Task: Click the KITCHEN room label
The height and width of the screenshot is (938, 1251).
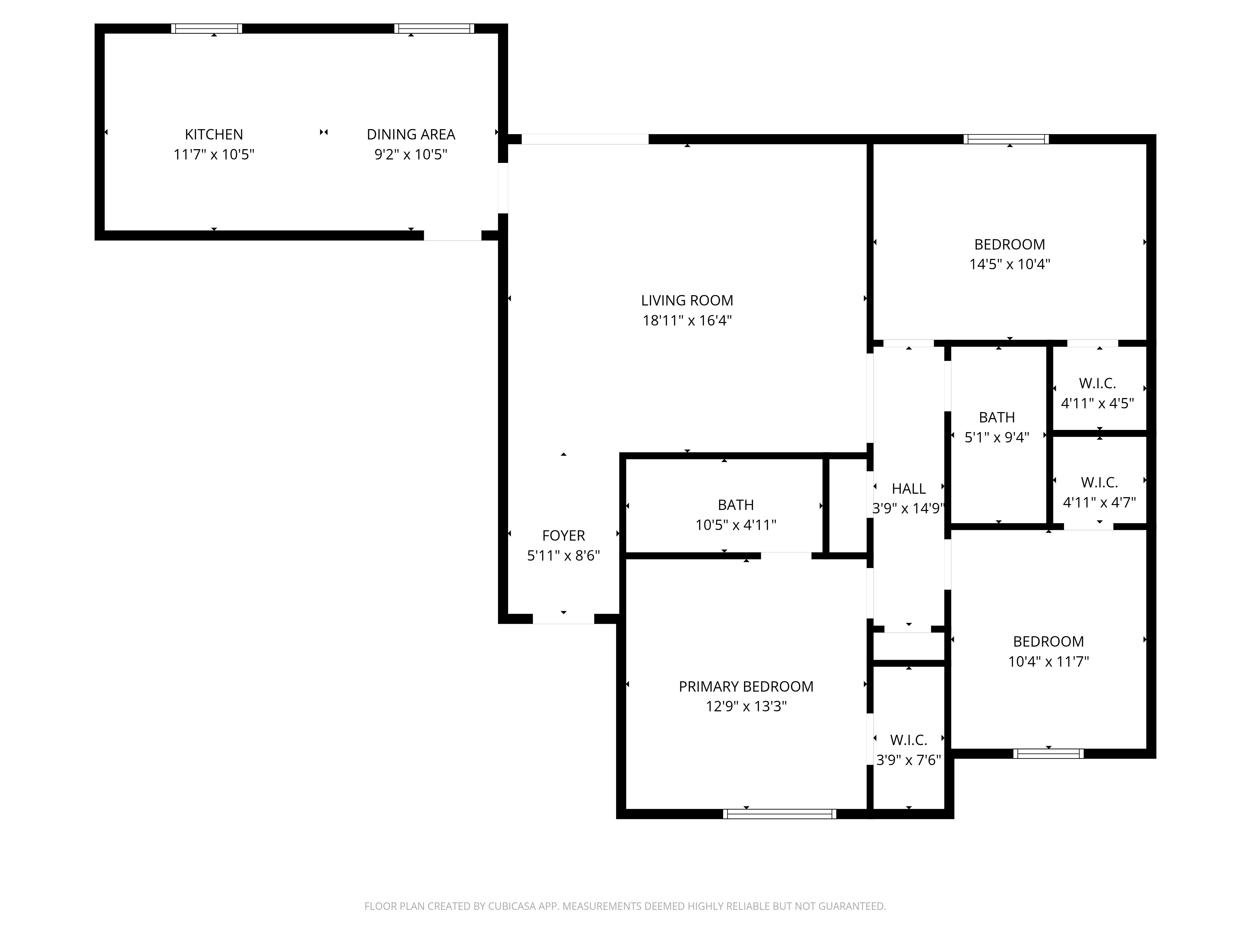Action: pyautogui.click(x=214, y=134)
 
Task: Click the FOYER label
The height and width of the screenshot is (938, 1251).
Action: pyautogui.click(x=563, y=535)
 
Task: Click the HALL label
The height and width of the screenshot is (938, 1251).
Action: pyautogui.click(x=908, y=488)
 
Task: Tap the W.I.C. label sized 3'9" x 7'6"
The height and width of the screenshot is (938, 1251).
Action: pyautogui.click(x=908, y=740)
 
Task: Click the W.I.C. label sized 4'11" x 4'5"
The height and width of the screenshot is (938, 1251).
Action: pyautogui.click(x=1097, y=383)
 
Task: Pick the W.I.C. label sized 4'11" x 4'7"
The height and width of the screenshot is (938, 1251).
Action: pyautogui.click(x=1099, y=482)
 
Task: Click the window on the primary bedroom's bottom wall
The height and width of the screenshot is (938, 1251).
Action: pyautogui.click(x=779, y=814)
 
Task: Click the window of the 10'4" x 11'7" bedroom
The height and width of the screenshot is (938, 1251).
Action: pyautogui.click(x=1048, y=754)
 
